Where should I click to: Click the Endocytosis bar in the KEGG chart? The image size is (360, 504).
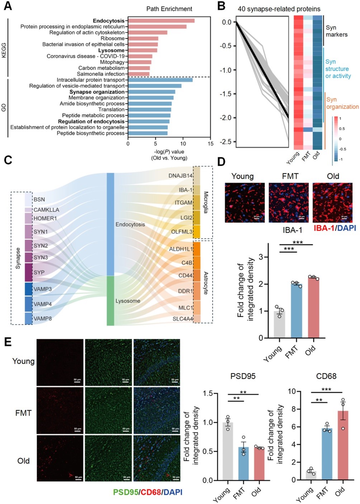click(x=161, y=21)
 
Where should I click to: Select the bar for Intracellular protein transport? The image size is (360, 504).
click(x=160, y=80)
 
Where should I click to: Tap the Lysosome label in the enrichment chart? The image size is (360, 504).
click(x=111, y=51)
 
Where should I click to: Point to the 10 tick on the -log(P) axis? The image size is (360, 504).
click(x=183, y=144)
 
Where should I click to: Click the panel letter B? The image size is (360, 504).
click(x=221, y=6)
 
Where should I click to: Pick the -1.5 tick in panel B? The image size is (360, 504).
click(x=226, y=94)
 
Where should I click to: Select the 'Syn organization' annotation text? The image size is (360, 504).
click(x=342, y=103)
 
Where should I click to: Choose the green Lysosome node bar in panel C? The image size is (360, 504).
click(x=110, y=301)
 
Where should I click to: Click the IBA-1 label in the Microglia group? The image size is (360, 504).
click(x=186, y=190)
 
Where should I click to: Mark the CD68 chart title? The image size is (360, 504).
click(x=326, y=376)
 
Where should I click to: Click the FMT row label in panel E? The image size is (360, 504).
click(x=23, y=413)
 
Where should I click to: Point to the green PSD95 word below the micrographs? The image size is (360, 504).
click(x=125, y=493)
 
